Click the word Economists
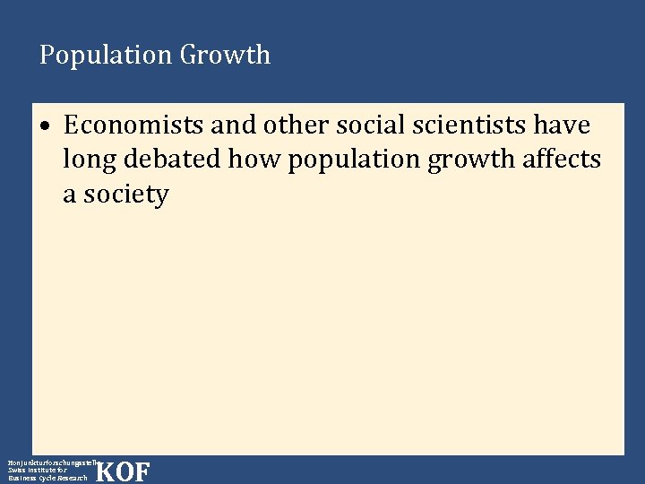click(x=134, y=125)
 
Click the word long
click(x=91, y=160)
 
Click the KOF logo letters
click(x=123, y=471)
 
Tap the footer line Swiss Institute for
click(x=37, y=470)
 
